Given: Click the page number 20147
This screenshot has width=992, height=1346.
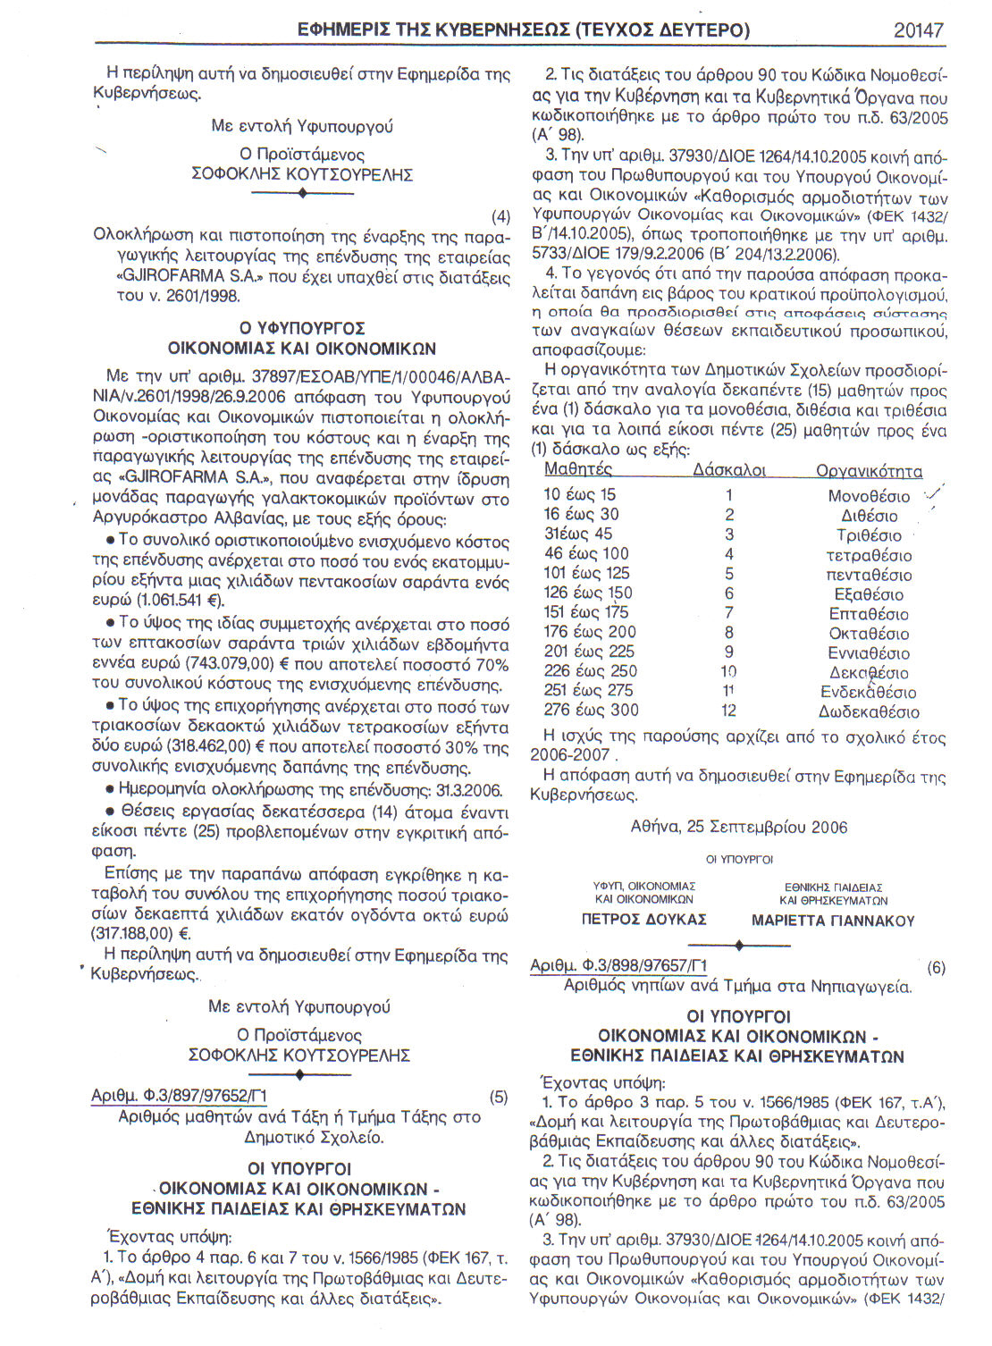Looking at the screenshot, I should pos(918,30).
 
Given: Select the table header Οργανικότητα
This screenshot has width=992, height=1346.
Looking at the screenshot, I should pos(869,471).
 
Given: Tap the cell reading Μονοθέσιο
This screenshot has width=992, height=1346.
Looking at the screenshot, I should pos(869,496).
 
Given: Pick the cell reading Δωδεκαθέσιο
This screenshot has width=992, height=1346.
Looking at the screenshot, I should pos(869,712).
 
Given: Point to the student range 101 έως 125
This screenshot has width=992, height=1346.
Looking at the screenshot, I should pos(587,573).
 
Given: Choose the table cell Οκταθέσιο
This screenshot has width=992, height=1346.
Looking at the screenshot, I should pos(869,634).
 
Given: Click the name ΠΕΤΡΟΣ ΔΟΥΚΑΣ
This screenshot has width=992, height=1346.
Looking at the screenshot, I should pos(643,920).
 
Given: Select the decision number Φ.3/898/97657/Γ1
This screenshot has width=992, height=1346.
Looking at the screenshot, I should pos(618,966).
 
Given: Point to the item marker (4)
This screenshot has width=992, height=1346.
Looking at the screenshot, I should pos(501,216).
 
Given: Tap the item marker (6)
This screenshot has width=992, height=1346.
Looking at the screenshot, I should pos(936,967).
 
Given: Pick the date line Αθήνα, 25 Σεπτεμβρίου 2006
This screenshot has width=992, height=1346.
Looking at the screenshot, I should pos(739,827).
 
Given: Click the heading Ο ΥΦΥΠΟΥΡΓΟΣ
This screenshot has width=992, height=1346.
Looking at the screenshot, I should pos(302,328).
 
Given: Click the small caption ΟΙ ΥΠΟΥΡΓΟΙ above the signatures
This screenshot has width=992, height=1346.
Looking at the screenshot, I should pos(739,859).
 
